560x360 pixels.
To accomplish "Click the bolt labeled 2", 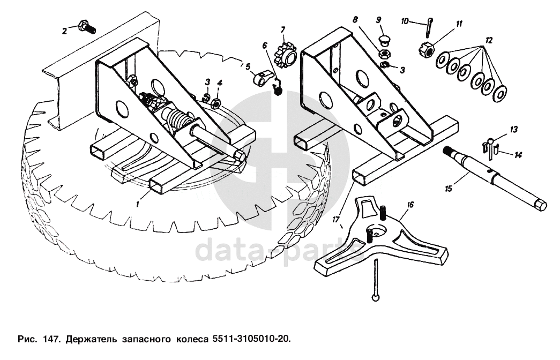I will point(86,26).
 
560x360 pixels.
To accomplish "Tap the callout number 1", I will point(138,204).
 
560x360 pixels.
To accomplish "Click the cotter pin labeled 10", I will point(431,24).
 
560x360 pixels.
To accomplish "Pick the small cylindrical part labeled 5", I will point(260,80).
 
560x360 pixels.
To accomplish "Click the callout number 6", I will point(264,45).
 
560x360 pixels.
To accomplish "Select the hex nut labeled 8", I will point(383,54).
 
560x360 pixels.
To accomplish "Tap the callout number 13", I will point(514,129).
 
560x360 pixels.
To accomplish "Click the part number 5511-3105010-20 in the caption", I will point(253,339).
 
